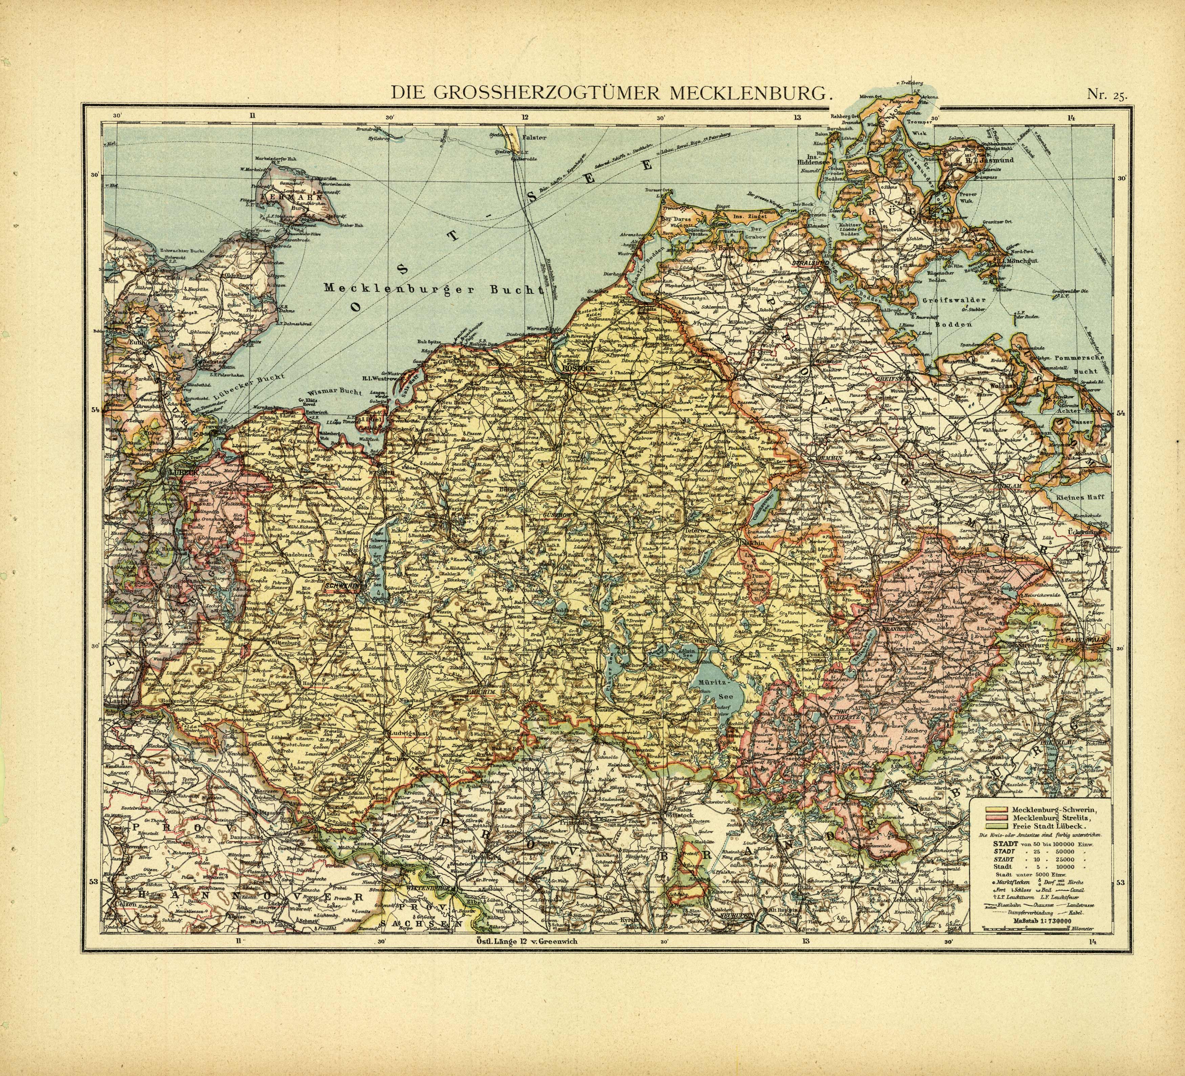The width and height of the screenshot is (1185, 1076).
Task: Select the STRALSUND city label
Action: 810,264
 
